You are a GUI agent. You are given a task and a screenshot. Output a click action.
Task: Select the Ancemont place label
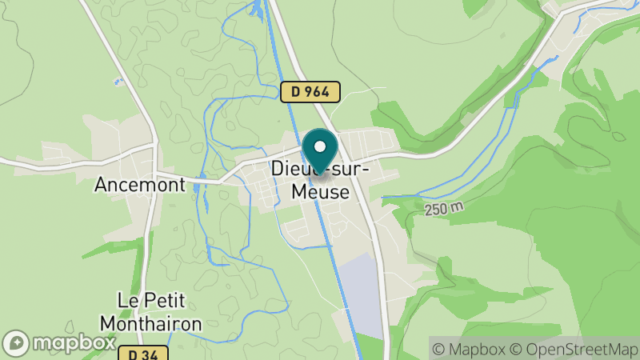coord(140,185)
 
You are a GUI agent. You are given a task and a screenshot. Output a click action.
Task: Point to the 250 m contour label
coord(445,209)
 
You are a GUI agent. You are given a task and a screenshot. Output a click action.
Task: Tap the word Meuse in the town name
coord(320,192)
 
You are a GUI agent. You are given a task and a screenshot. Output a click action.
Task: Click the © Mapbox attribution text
coord(470,348)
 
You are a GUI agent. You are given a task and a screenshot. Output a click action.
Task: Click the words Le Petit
coord(151,302)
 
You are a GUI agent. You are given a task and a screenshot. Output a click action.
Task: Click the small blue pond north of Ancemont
coord(118,82)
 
